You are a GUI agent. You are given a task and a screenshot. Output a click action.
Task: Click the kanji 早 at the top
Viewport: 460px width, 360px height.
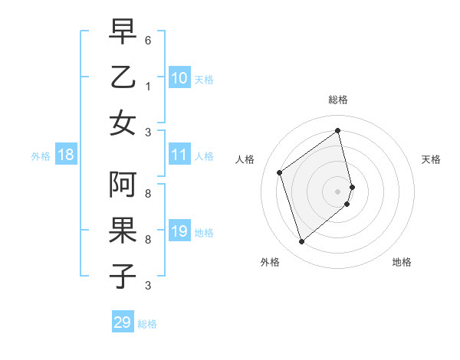tap(123, 32)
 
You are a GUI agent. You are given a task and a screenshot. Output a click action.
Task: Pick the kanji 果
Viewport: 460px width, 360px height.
tap(123, 230)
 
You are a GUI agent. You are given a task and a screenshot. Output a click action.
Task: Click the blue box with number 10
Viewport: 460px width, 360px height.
tap(179, 77)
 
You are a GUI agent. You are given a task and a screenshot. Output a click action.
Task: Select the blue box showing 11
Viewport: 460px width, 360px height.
tap(179, 155)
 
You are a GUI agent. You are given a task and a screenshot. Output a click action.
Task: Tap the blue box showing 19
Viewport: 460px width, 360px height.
tap(179, 231)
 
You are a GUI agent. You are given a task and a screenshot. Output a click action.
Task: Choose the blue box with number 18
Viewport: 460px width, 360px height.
tap(66, 155)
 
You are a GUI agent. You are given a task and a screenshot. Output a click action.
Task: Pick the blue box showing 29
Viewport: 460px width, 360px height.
tap(122, 322)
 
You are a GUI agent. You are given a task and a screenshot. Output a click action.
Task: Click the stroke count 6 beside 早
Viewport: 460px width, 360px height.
tap(148, 41)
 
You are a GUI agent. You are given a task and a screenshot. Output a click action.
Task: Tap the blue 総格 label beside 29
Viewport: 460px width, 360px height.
tap(147, 324)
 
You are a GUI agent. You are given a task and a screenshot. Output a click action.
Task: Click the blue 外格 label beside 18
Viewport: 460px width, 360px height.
tap(41, 156)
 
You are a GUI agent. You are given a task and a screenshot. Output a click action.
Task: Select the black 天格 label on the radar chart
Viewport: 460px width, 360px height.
tap(431, 159)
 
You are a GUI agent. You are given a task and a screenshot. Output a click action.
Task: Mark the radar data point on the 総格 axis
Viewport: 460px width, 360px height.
tap(338, 131)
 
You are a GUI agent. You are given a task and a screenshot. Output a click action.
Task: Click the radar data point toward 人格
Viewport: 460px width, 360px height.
tap(280, 172)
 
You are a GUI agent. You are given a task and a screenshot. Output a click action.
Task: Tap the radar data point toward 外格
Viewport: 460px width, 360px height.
tap(301, 242)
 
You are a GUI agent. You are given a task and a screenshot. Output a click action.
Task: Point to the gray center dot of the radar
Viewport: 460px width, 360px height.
tap(338, 191)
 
